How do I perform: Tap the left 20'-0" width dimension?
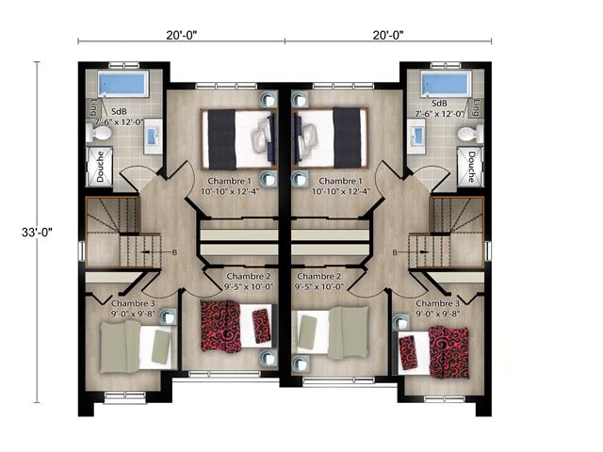tap(179, 35)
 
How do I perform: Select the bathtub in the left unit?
tap(122, 84)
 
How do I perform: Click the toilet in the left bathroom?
tap(99, 135)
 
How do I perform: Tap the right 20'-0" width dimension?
tap(386, 35)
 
